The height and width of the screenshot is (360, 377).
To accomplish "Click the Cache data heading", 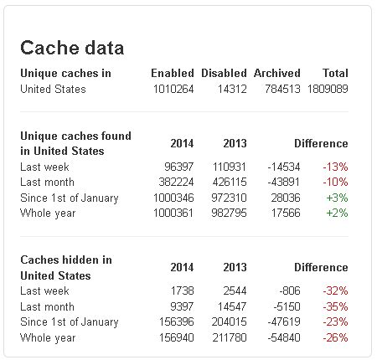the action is pyautogui.click(x=72, y=48).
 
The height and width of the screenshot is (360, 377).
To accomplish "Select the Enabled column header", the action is pyautogui.click(x=173, y=73).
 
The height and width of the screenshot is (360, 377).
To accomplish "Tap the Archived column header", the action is pyautogui.click(x=277, y=73).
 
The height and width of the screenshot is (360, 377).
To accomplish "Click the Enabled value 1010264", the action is pyautogui.click(x=173, y=90).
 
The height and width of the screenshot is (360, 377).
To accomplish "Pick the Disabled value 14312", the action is pyautogui.click(x=232, y=90).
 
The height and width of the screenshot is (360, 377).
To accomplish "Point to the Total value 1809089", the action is pyautogui.click(x=328, y=90).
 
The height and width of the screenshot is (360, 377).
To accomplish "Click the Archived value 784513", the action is pyautogui.click(x=282, y=90).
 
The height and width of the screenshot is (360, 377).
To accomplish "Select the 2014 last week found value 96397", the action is pyautogui.click(x=178, y=167).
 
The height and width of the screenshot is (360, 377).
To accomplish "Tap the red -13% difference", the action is pyautogui.click(x=335, y=167).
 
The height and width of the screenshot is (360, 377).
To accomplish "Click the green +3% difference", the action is pyautogui.click(x=337, y=198).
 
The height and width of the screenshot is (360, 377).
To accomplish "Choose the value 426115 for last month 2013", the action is pyautogui.click(x=230, y=183).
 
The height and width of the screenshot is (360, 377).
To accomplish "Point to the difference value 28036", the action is pyautogui.click(x=286, y=198).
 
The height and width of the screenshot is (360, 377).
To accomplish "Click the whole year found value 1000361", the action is pyautogui.click(x=173, y=213).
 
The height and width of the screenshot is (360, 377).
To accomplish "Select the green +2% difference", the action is pyautogui.click(x=337, y=213).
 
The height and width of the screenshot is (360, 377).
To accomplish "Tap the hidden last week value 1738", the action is pyautogui.click(x=182, y=291).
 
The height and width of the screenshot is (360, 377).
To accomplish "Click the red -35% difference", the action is pyautogui.click(x=335, y=306).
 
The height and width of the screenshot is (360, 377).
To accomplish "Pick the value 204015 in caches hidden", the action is pyautogui.click(x=229, y=322).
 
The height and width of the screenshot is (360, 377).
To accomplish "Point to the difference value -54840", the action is pyautogui.click(x=284, y=337).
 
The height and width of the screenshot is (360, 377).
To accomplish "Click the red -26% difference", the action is pyautogui.click(x=335, y=337).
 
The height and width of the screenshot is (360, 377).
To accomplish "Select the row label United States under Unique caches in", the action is pyautogui.click(x=53, y=90).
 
